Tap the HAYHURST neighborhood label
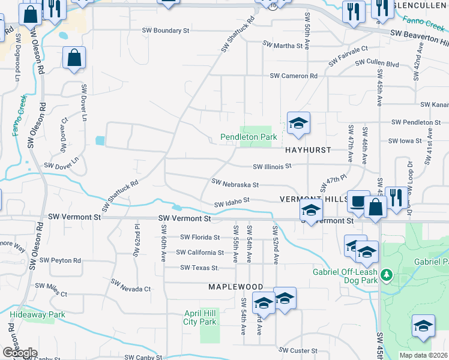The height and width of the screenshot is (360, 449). [x=308, y=150]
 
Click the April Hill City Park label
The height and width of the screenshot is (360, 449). [x=200, y=317]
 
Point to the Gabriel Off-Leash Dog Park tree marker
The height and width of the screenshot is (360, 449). [x=388, y=275]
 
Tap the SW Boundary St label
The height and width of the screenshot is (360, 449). [x=166, y=30]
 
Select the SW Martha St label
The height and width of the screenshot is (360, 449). [x=284, y=44]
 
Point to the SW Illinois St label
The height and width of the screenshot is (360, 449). [x=272, y=166]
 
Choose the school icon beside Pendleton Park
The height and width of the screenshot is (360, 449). [x=298, y=123]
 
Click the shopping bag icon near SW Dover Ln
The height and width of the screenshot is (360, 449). [x=74, y=59]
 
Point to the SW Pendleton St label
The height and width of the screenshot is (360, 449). [x=416, y=122]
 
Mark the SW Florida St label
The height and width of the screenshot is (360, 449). [x=200, y=237]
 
